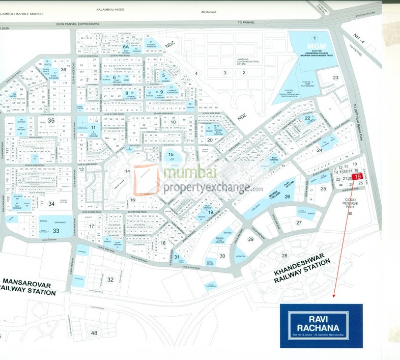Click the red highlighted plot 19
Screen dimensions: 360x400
(x=357, y=177)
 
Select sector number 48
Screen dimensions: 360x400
(x=94, y=333)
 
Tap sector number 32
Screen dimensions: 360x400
(x=110, y=280)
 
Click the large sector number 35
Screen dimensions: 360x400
(x=51, y=121)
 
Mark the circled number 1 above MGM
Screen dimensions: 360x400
(x=315, y=38)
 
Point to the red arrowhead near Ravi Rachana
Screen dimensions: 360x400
(x=334, y=295)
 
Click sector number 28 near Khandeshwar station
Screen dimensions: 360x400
(x=284, y=255)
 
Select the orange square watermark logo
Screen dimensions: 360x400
(x=147, y=179)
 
